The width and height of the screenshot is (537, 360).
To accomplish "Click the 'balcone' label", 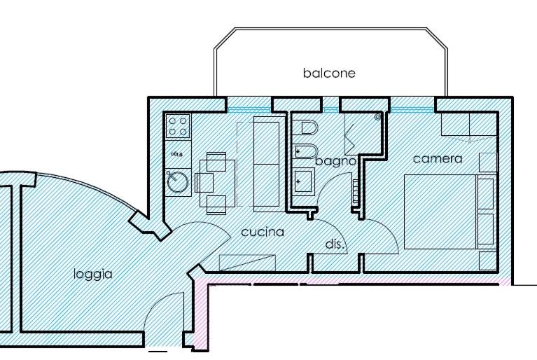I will click(329, 73).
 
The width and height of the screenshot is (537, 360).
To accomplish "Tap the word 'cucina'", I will click(263, 232).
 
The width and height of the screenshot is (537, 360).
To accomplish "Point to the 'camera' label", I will click(438, 159).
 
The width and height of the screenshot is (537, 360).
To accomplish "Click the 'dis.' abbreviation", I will click(333, 244).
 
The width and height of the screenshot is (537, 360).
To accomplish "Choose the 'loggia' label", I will click(93, 274).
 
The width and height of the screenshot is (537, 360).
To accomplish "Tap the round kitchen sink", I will click(177, 182).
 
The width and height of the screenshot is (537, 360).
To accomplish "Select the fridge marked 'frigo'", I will click(177, 153).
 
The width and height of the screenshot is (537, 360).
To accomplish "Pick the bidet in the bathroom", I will click(306, 151).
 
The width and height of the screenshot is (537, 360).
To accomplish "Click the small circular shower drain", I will click(378, 118).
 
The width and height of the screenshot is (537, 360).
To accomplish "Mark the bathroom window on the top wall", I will click(330, 109).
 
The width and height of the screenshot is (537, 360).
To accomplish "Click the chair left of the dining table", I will click(204, 183).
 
